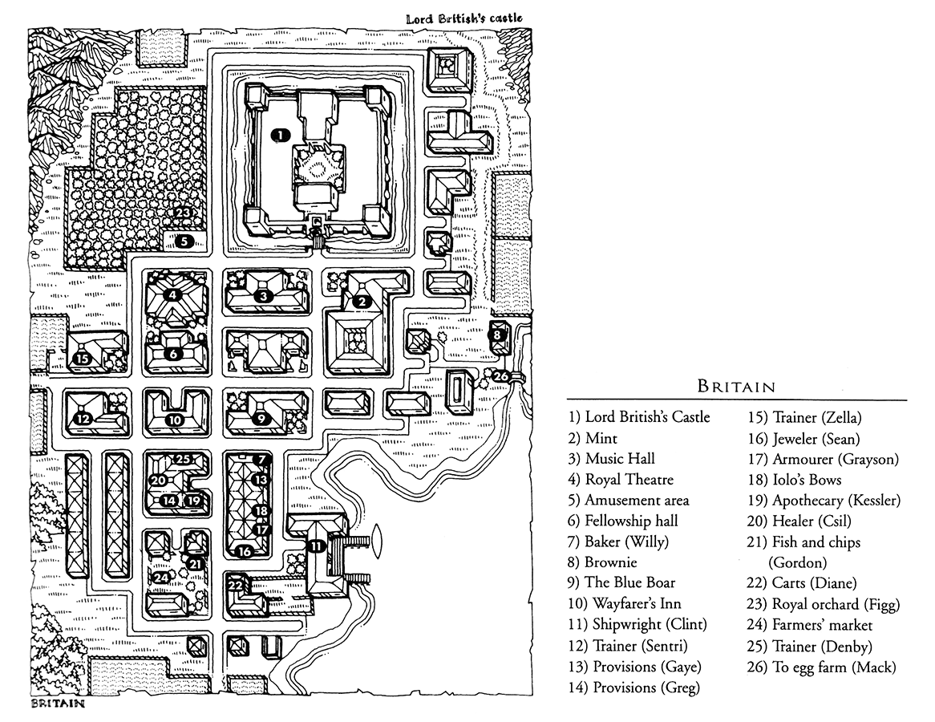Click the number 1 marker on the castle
(280, 136)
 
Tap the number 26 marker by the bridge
(500, 376)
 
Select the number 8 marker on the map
(498, 335)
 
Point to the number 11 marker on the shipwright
(318, 546)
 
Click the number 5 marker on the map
(183, 240)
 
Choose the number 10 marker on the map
(176, 419)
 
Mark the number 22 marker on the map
(236, 586)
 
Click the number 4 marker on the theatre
(173, 294)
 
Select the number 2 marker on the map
(362, 302)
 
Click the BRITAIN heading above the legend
(736, 387)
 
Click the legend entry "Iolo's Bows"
(806, 480)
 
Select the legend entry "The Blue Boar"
(629, 583)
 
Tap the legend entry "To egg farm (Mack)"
(833, 667)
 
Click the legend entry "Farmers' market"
(822, 625)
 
